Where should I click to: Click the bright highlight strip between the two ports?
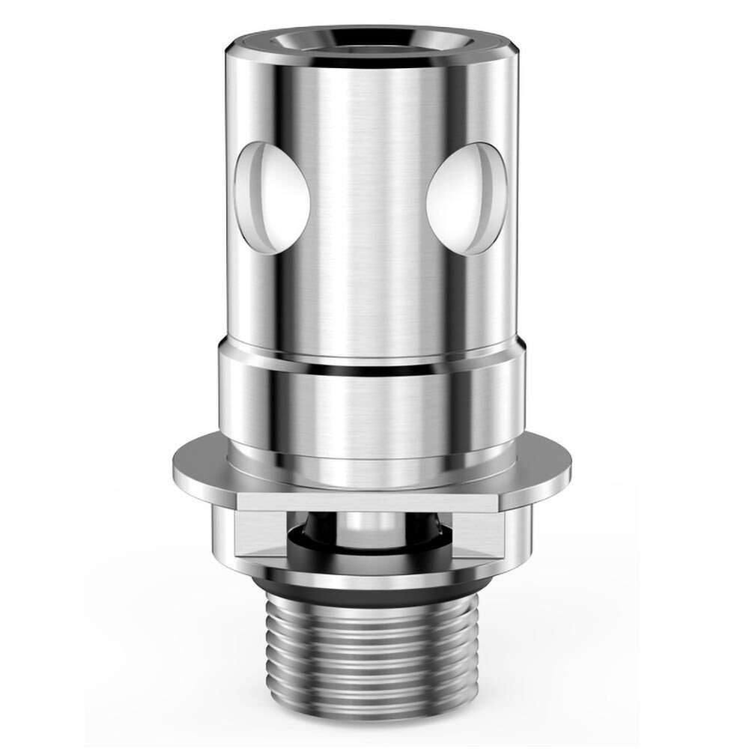[x=352, y=187]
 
